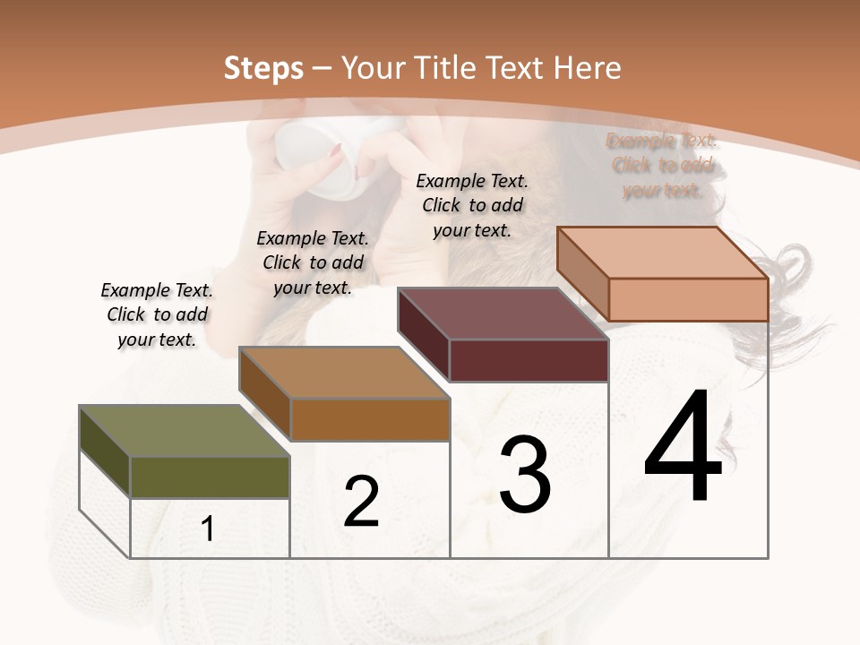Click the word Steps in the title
(263, 68)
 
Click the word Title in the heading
(447, 68)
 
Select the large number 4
(683, 448)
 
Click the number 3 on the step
(525, 475)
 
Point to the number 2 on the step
(362, 502)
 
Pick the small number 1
(208, 529)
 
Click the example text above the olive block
(157, 314)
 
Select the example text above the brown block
(313, 262)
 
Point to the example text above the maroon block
(472, 205)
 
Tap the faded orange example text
(662, 166)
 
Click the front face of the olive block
(210, 477)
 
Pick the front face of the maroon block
(529, 360)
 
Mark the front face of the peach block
(688, 299)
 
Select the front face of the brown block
(370, 419)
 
